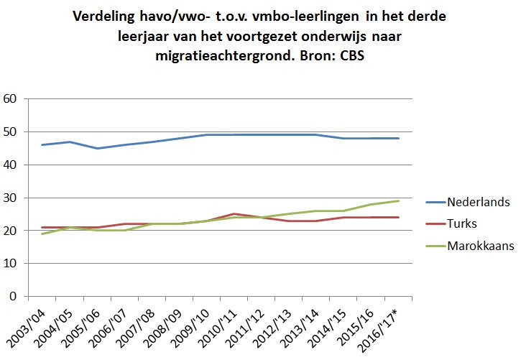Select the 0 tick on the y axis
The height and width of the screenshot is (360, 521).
pyautogui.click(x=12, y=296)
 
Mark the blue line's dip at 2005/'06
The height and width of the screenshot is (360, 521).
pyautogui.click(x=97, y=148)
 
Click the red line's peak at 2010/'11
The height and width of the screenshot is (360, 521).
pyautogui.click(x=234, y=213)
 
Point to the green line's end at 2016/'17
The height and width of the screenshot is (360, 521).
pyautogui.click(x=398, y=200)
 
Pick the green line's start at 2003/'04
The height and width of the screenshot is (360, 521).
pyautogui.click(x=42, y=234)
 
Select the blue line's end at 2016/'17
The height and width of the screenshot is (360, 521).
pyautogui.click(x=398, y=138)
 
